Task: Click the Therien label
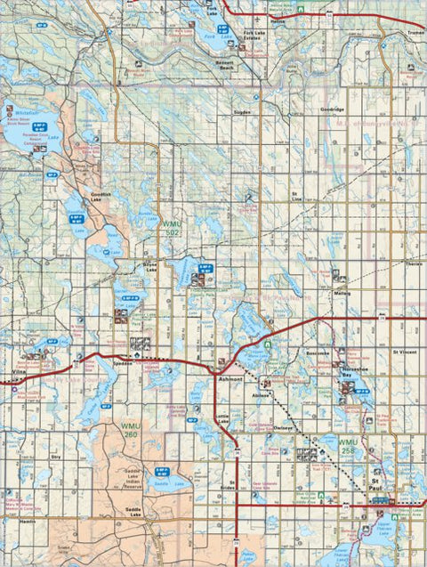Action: [x=414, y=264]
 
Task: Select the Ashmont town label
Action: [x=230, y=379]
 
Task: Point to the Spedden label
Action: [x=123, y=363]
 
